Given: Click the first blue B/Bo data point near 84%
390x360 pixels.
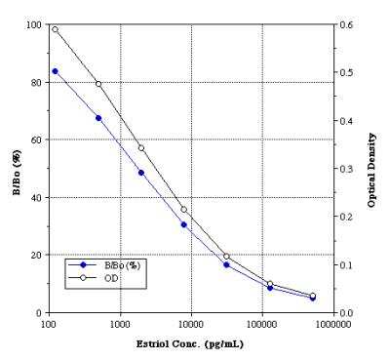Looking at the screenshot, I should click(x=56, y=71).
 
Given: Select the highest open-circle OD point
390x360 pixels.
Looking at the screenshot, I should click(x=56, y=29).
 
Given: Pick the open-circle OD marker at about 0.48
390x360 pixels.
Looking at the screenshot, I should click(x=98, y=84).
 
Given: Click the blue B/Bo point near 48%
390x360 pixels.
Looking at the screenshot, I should click(x=141, y=173).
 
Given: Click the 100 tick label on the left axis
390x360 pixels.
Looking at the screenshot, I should click(x=34, y=24).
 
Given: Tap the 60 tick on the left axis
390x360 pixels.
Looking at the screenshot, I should click(x=37, y=140).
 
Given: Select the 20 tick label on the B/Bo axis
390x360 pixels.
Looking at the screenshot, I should click(x=37, y=255).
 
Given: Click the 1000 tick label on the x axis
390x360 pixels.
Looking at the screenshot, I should click(x=120, y=323).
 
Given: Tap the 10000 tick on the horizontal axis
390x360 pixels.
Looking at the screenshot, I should click(x=190, y=323).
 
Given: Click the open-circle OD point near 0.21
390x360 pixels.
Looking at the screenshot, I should click(x=184, y=210).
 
